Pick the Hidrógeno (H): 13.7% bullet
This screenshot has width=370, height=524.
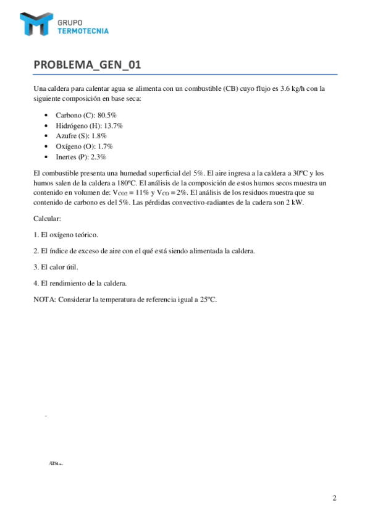pos(89,125)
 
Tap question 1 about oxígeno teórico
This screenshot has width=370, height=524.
pos(65,235)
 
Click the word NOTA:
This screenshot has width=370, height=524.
pos(44,299)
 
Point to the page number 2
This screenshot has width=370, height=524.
pos(334,498)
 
